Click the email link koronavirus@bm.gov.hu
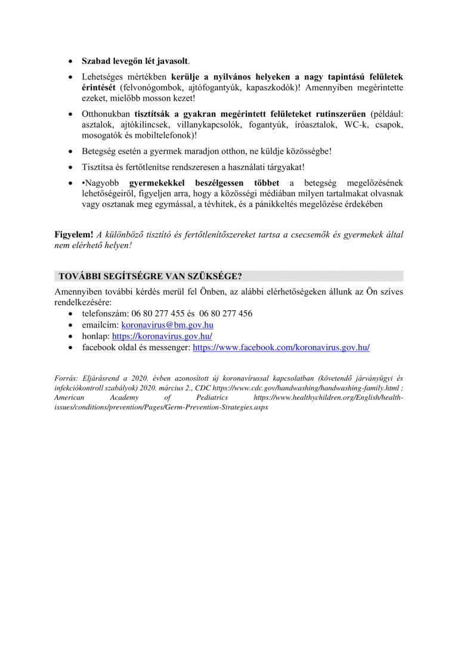click(x=167, y=325)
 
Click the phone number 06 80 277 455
click(x=152, y=314)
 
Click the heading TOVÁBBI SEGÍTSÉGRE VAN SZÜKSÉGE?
click(x=150, y=275)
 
